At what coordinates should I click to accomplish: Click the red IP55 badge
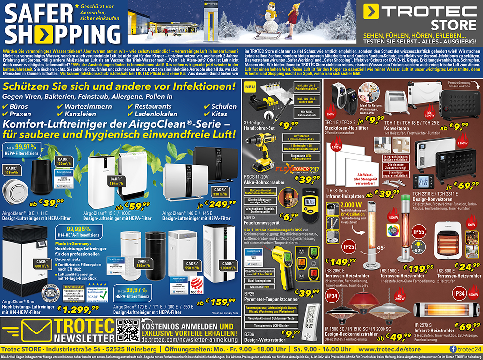coord(405,233)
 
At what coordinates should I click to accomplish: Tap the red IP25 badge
coord(349,247)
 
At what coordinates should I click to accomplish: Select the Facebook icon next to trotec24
coord(453,349)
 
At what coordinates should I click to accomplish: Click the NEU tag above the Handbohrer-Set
coord(250,88)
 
